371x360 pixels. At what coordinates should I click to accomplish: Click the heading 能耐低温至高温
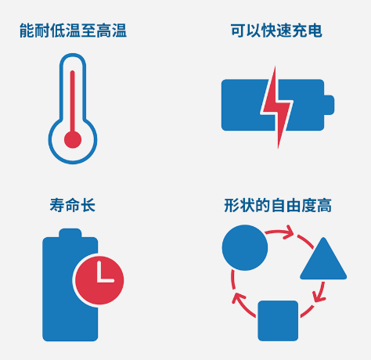click(73, 31)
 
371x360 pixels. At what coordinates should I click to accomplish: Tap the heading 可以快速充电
click(276, 31)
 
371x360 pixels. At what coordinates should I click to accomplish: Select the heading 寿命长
click(73, 205)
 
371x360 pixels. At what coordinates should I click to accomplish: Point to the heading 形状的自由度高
click(278, 205)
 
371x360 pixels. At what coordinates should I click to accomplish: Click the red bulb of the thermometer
click(73, 139)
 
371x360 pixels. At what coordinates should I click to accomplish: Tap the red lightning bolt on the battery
click(276, 107)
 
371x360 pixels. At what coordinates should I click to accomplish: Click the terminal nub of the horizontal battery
click(329, 105)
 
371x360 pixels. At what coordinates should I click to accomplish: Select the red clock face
click(99, 280)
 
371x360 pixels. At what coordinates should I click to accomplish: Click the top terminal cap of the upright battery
click(70, 233)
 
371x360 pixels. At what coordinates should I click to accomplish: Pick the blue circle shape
click(245, 247)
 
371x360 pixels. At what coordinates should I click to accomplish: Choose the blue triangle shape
click(323, 261)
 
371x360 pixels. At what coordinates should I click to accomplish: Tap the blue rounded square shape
click(278, 321)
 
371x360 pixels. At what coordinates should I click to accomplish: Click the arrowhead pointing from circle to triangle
click(289, 232)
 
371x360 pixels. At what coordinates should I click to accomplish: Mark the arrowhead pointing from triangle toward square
click(319, 297)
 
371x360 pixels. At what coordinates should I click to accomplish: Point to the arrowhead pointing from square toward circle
click(238, 297)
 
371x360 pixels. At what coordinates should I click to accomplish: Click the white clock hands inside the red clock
click(104, 274)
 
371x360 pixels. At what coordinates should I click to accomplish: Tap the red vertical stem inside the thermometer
click(73, 102)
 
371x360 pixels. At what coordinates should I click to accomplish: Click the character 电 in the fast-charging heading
click(315, 31)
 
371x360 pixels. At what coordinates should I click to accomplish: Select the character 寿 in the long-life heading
click(57, 205)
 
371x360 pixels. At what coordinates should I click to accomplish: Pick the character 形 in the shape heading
click(232, 205)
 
